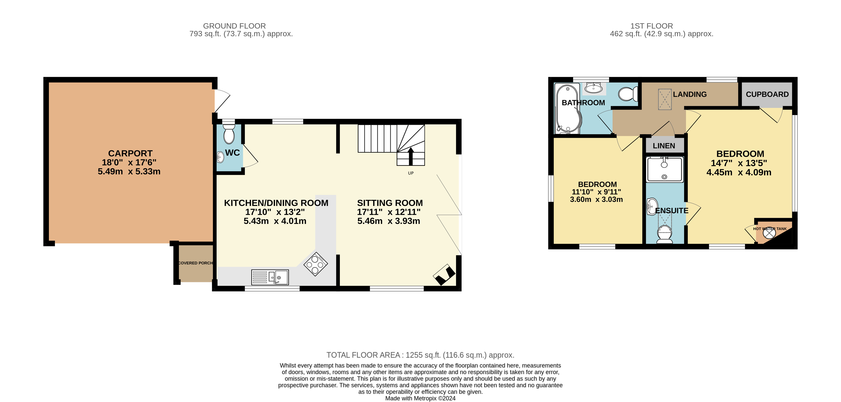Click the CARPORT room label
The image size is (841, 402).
130,153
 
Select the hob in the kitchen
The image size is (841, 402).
315,264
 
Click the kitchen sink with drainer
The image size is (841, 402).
270,277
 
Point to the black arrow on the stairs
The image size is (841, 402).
411,156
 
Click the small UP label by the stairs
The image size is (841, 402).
411,173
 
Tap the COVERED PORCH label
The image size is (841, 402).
195,263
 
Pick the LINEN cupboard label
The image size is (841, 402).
664,146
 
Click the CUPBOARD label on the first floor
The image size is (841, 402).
767,95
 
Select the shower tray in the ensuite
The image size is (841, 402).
664,169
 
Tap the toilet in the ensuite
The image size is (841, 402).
664,234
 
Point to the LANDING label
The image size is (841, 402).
689,95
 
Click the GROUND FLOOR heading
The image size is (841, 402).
234,26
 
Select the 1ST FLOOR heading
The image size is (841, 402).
651,26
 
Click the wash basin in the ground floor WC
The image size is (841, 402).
220,157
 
